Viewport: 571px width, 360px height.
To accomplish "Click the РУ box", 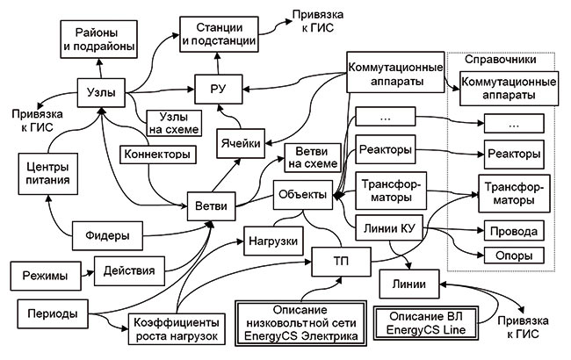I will tap(217, 90).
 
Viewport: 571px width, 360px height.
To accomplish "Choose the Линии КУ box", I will tap(388, 230).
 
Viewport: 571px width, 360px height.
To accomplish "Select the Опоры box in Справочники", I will tap(512, 257).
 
